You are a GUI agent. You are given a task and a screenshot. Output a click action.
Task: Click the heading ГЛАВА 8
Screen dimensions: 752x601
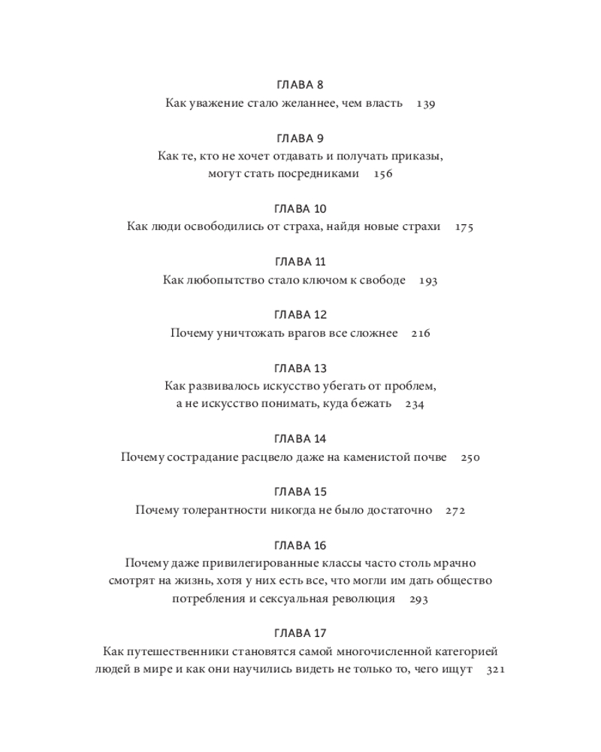tap(300, 85)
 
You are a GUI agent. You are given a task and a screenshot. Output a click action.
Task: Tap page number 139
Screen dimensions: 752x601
tap(425, 104)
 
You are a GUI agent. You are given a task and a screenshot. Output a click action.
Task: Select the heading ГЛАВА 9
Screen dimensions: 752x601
tap(300, 138)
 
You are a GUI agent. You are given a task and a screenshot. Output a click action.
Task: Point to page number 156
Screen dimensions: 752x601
tap(382, 174)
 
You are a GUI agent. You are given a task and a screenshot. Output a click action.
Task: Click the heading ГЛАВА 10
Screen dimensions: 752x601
tap(300, 208)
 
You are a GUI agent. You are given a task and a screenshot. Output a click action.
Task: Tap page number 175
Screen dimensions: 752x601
tap(464, 227)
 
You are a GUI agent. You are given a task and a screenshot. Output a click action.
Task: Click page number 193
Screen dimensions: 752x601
tap(427, 280)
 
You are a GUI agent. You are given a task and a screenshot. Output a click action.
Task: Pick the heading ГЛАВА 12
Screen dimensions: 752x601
tap(300, 315)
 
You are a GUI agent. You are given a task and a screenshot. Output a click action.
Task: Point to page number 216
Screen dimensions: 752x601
tap(421, 333)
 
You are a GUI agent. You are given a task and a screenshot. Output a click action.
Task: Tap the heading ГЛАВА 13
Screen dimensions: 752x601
tap(300, 368)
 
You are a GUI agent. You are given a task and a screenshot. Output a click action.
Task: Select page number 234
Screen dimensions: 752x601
tap(415, 405)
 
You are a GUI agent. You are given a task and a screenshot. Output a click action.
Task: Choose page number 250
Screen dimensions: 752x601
tap(470, 457)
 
